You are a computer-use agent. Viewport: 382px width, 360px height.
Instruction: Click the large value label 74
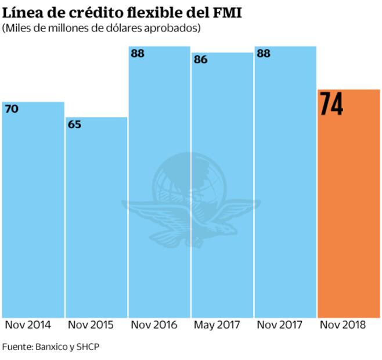(x=331, y=105)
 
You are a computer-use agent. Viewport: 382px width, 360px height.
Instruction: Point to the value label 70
(x=12, y=109)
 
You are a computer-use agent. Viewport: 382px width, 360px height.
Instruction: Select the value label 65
(x=75, y=124)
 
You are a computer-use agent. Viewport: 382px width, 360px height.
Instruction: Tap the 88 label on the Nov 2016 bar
(x=138, y=54)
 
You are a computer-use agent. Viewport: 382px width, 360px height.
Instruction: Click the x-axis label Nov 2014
(x=27, y=325)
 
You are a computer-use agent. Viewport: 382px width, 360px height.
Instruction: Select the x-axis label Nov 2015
(x=90, y=325)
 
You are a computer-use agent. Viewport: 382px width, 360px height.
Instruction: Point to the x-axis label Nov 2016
(x=154, y=325)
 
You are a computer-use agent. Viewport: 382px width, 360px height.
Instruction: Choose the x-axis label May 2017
(x=217, y=325)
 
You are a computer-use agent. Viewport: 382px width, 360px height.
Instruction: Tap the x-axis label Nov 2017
(x=280, y=325)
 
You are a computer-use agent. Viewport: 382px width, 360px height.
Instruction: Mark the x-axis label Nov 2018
(x=343, y=325)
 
